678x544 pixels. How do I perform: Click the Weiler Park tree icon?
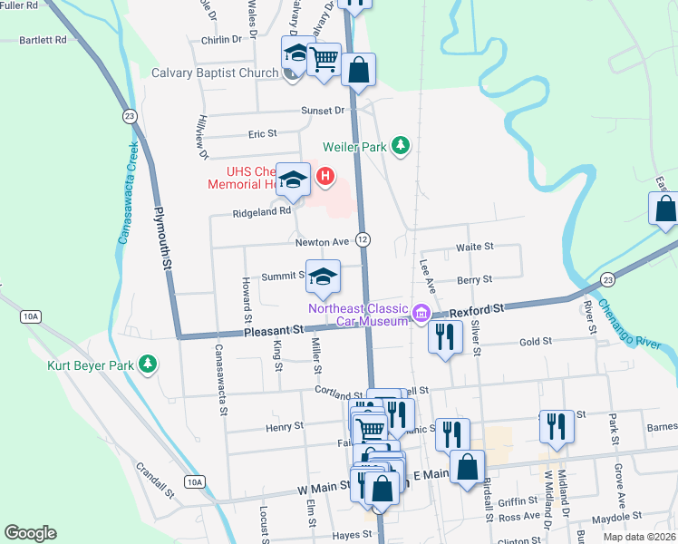pos(401,145)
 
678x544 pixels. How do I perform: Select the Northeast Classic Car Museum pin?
pos(421,315)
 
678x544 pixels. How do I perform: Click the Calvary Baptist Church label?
pos(215,73)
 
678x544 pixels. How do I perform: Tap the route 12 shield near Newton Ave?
pos(363,239)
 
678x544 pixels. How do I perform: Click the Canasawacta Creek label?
pos(128,192)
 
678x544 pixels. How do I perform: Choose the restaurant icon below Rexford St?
pos(444,337)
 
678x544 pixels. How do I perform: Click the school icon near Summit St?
pos(322,277)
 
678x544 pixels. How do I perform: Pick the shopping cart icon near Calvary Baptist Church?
pos(324,59)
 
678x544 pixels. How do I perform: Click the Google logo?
pos(31,532)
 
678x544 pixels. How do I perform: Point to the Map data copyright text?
pos(640,537)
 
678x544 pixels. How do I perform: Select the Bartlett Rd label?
pos(44,40)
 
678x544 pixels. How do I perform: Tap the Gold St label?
pos(535,341)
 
